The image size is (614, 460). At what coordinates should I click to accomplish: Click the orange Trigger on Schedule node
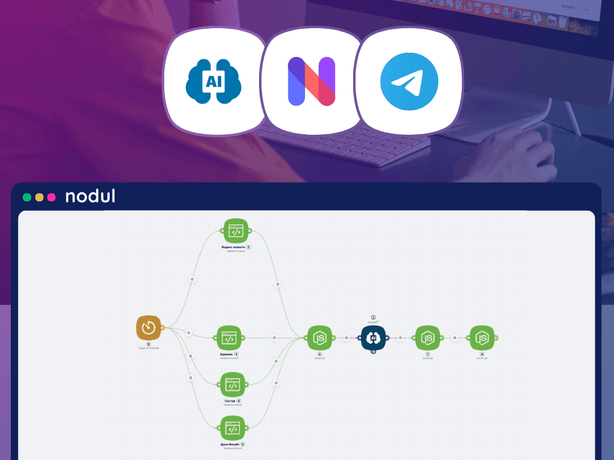[x=149, y=328]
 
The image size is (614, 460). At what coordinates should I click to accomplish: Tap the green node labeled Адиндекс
[x=228, y=338]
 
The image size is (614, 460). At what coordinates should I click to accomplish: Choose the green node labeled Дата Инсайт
[x=233, y=428]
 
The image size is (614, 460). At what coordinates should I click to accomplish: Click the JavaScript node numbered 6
[x=320, y=338]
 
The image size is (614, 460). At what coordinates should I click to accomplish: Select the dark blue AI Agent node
[x=373, y=338]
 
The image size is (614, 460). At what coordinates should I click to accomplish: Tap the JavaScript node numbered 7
[x=428, y=338]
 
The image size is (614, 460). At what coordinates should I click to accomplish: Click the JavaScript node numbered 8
[x=481, y=338]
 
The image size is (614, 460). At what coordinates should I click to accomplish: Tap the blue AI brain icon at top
[x=213, y=82]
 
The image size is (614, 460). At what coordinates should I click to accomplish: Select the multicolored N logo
[x=311, y=81]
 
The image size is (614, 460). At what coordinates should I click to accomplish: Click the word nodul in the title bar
[x=90, y=196]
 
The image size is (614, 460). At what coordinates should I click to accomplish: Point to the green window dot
[x=27, y=197]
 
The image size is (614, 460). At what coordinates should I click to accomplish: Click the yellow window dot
[x=39, y=197]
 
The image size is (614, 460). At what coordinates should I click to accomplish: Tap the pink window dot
[x=51, y=197]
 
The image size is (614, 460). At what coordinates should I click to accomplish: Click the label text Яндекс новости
[x=233, y=247]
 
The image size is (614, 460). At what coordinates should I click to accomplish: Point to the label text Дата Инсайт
[x=230, y=444]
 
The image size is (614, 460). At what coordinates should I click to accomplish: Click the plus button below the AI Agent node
[x=373, y=352]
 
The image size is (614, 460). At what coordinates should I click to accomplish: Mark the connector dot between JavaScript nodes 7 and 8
[x=455, y=338]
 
